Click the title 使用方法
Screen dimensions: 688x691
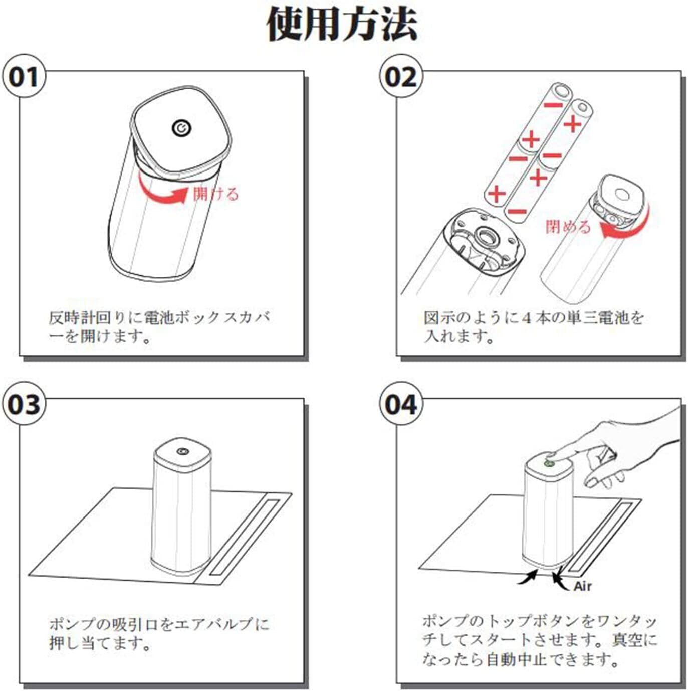(x=342, y=24)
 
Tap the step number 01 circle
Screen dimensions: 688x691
(x=23, y=78)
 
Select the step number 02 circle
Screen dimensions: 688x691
(x=400, y=78)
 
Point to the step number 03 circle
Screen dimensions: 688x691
(x=23, y=404)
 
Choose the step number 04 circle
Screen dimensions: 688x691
(x=400, y=404)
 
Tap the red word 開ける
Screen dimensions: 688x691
(x=216, y=194)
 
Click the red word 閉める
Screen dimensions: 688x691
(x=568, y=227)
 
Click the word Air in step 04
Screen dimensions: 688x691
(x=582, y=586)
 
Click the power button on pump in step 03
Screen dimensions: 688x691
(x=182, y=452)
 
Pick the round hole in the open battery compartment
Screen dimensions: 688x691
(x=486, y=234)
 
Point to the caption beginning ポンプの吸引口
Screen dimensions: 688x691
(x=159, y=633)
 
